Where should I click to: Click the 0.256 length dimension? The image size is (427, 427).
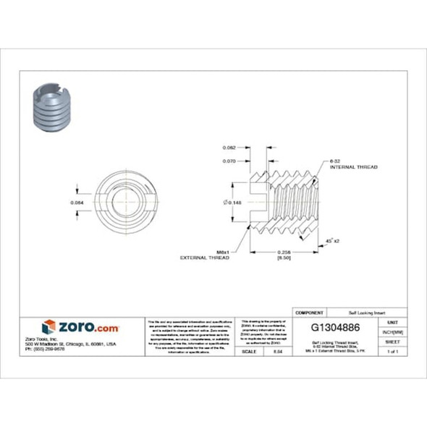click(285, 250)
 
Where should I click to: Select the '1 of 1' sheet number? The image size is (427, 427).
click(393, 351)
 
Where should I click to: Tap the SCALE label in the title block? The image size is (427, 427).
click(250, 351)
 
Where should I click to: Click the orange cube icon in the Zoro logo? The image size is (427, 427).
click(48, 326)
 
